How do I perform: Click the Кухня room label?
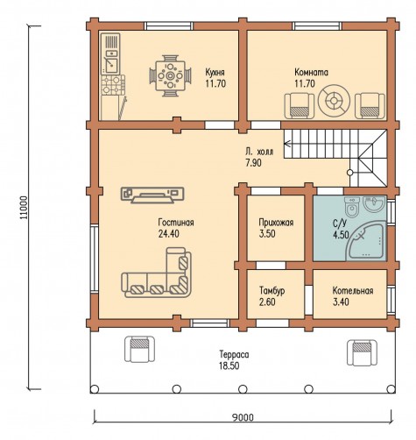215,72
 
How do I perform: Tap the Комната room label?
311,72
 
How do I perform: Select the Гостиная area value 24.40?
169,234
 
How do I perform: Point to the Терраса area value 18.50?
229,365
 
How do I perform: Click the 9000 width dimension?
243,417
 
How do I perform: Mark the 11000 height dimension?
25,207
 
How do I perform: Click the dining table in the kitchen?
170,75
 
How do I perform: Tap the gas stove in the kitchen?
113,85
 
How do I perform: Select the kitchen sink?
111,66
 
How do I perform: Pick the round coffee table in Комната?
334,101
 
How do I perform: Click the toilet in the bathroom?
352,207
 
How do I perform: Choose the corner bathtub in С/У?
366,240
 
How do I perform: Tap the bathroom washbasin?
374,203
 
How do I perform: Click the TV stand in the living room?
152,195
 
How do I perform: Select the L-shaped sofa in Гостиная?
156,273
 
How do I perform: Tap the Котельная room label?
353,291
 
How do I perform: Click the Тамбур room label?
272,291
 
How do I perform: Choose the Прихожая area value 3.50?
267,234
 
